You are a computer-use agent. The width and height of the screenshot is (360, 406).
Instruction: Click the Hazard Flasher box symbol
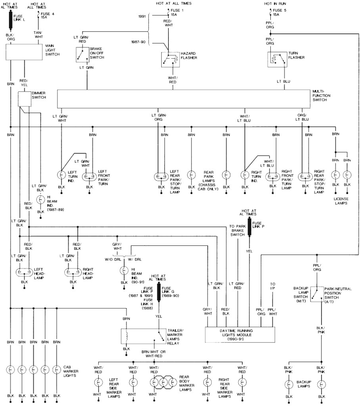pos(170,59)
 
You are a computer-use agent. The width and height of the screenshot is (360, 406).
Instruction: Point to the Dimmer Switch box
pos(25,99)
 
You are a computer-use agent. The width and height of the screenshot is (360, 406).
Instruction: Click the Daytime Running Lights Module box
pos(240,335)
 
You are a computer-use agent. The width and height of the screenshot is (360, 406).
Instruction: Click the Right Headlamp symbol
pos(72,273)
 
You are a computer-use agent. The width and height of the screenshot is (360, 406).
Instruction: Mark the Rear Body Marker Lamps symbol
pos(162,383)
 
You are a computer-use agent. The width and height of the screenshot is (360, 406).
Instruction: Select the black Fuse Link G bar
pos(159,292)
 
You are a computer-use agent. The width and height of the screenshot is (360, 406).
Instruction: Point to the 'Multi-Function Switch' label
pos(321,96)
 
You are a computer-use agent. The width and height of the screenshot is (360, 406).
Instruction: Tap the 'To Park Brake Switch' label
pos(237,230)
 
